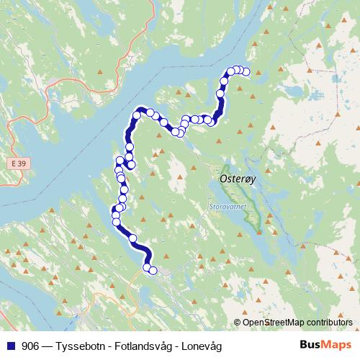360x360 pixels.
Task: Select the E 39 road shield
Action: tap(22, 164)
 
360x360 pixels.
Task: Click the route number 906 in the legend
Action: tap(30, 346)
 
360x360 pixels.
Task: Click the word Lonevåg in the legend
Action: tap(203, 346)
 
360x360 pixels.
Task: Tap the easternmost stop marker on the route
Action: tap(246, 71)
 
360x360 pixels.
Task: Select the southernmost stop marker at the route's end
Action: tap(153, 271)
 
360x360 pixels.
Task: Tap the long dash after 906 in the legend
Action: tap(48, 346)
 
